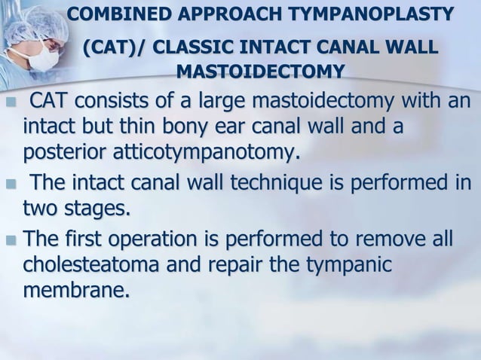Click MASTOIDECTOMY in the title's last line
pyautogui.click(x=260, y=72)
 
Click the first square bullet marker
pyautogui.click(x=9, y=102)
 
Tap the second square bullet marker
pyautogui.click(x=9, y=184)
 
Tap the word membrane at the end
pyautogui.click(x=75, y=291)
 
